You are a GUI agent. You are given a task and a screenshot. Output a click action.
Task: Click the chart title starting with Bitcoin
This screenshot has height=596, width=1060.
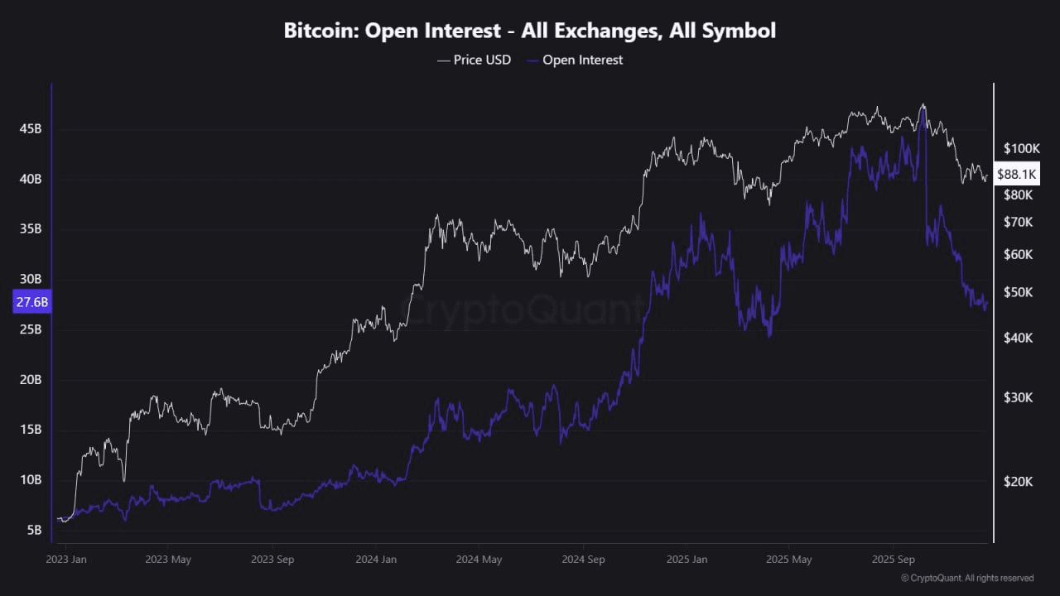click(530, 31)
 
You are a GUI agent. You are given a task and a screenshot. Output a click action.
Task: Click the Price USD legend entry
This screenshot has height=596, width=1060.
click(474, 60)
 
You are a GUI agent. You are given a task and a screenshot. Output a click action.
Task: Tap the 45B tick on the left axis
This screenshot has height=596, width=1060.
click(31, 129)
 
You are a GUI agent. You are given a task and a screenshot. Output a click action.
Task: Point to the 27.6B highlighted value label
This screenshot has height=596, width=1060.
click(32, 302)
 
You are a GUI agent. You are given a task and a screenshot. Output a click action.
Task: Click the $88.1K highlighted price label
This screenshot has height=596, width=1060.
click(1016, 174)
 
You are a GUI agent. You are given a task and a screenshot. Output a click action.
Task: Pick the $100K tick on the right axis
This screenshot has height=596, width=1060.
click(1021, 149)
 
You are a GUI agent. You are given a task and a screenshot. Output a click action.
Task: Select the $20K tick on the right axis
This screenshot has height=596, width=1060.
click(1018, 482)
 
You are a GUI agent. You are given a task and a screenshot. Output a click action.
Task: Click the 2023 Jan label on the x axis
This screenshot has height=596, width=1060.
click(67, 560)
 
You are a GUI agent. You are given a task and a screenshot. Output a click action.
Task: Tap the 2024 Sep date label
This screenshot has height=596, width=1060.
click(583, 560)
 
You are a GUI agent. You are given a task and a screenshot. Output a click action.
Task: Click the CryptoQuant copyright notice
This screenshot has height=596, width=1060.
click(967, 578)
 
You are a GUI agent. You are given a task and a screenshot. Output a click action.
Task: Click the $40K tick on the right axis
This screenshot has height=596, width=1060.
click(1018, 338)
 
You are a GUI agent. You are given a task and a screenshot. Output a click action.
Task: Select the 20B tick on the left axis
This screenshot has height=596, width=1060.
click(31, 380)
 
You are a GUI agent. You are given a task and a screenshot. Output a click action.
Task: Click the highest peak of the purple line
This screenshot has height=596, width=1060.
click(923, 108)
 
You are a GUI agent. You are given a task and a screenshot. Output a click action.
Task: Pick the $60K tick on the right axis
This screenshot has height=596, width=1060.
click(1018, 255)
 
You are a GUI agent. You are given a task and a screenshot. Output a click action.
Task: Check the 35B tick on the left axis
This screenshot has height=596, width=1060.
click(31, 229)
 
